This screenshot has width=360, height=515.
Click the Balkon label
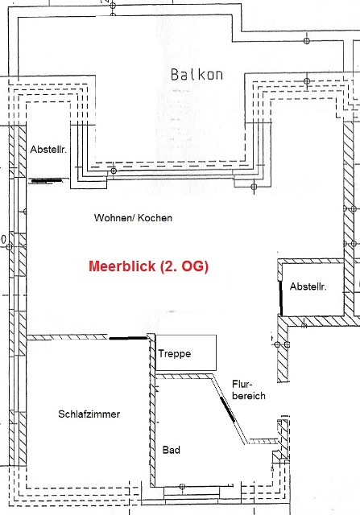pyautogui.click(x=197, y=75)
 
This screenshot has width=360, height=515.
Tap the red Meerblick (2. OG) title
pyautogui.click(x=149, y=266)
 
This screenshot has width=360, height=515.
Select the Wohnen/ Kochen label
pyautogui.click(x=133, y=218)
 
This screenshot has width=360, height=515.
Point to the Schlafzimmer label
pyautogui.click(x=89, y=414)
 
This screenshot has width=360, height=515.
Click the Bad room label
pyautogui.click(x=172, y=450)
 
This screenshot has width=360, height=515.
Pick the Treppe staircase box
pyautogui.click(x=186, y=352)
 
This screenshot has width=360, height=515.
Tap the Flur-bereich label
pyautogui.click(x=249, y=389)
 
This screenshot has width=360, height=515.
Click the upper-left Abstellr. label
pyautogui.click(x=48, y=150)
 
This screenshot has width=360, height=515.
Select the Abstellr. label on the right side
pyautogui.click(x=308, y=286)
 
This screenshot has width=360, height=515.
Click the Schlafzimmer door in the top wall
pyautogui.click(x=128, y=338)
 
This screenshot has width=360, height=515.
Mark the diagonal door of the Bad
pyautogui.click(x=227, y=410)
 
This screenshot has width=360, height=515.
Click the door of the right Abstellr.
pyautogui.click(x=281, y=298)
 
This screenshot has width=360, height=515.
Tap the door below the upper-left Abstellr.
pyautogui.click(x=46, y=180)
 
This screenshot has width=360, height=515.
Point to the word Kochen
pyautogui.click(x=155, y=218)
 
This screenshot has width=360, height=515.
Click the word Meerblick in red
pyautogui.click(x=122, y=266)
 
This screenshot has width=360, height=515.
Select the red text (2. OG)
pyautogui.click(x=184, y=266)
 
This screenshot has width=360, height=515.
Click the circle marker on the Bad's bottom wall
pyautogui.click(x=182, y=486)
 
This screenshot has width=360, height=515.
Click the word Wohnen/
pyautogui.click(x=114, y=218)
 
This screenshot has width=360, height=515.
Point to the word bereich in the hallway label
pyautogui.click(x=249, y=395)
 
